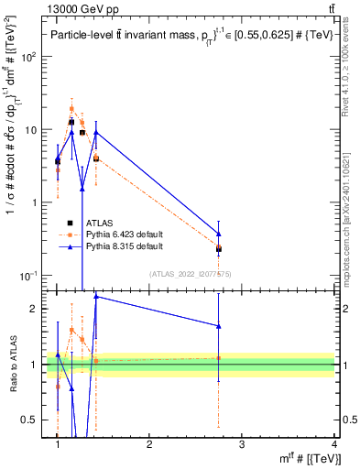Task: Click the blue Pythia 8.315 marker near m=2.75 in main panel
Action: point(218,234)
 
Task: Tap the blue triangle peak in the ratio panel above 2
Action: point(96,296)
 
